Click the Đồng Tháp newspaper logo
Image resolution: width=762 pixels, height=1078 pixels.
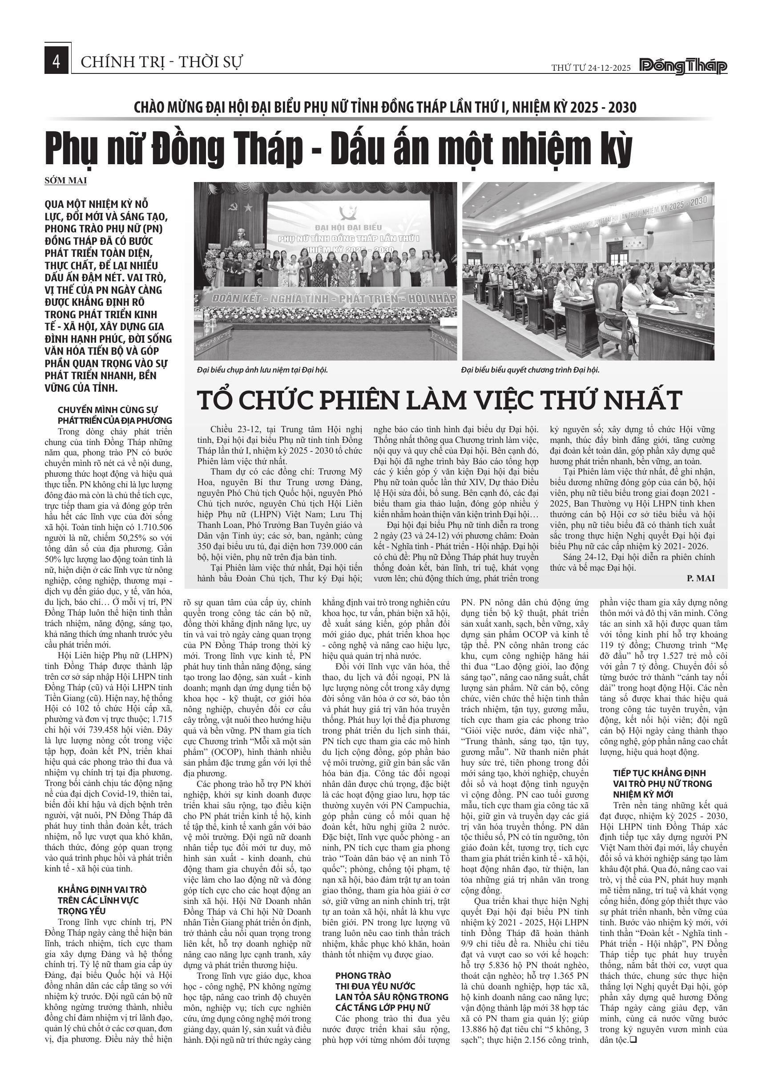tap(684, 67)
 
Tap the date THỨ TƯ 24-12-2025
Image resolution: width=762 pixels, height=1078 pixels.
tap(591, 68)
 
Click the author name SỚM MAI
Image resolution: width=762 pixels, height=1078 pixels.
tap(66, 180)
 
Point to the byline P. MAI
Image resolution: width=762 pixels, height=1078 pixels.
tap(701, 579)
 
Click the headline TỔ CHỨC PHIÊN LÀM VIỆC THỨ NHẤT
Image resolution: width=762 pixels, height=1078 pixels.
tap(439, 400)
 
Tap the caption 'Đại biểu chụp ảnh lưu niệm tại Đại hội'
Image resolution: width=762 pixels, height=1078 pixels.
tap(262, 370)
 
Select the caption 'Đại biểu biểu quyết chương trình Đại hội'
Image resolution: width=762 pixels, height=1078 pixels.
tap(530, 370)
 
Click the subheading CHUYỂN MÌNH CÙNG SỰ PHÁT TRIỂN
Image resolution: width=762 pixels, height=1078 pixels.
tap(115, 415)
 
